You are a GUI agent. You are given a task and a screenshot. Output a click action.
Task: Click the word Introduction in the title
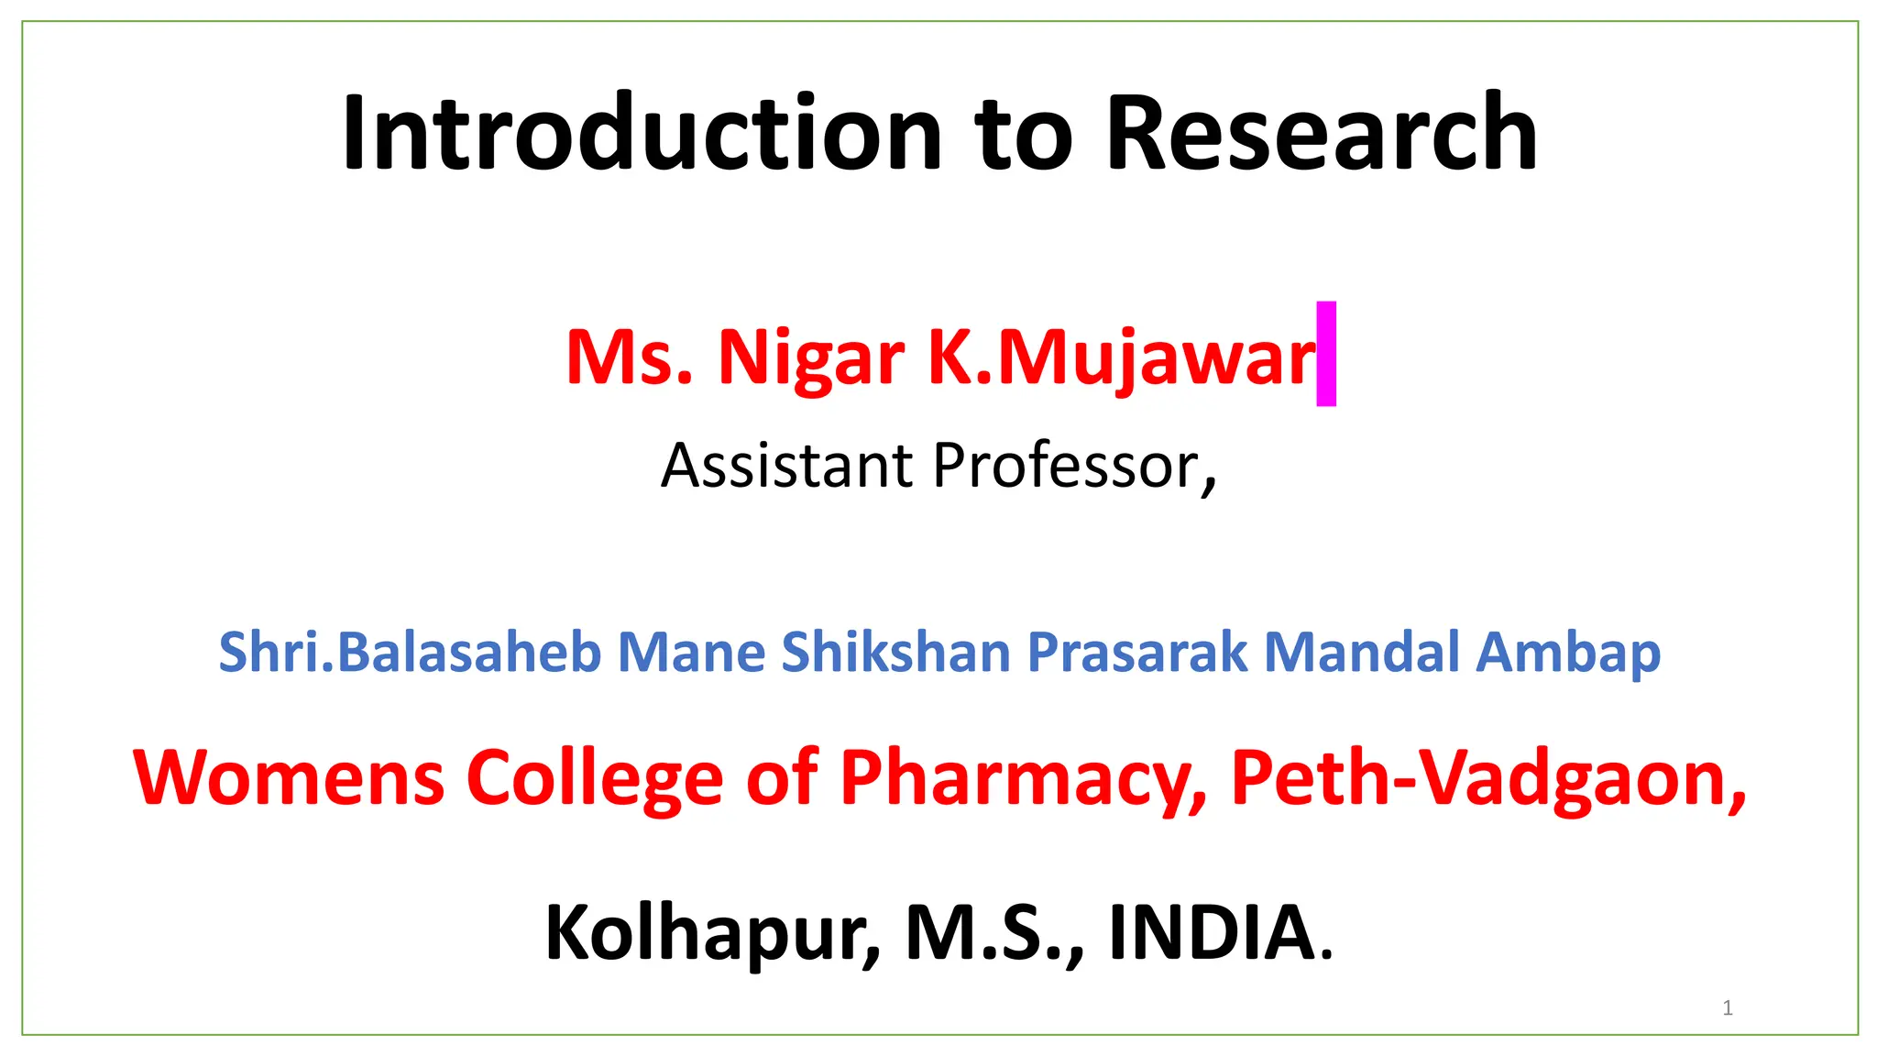642,133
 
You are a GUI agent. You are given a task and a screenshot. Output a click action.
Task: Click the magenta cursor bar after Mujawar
1326,354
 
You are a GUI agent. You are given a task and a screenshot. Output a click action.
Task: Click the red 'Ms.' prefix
629,357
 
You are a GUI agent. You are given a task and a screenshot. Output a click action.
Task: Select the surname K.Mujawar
1122,357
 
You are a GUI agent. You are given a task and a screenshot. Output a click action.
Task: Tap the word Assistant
786,466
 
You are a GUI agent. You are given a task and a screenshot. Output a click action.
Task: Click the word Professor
1072,466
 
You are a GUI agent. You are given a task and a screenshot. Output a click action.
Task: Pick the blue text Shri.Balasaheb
410,652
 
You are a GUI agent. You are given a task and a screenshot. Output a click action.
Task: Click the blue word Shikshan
895,652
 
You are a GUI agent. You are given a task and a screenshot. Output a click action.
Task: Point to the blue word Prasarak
1136,652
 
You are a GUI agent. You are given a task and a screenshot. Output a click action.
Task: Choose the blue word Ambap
1568,654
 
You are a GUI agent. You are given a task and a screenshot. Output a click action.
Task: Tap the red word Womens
289,777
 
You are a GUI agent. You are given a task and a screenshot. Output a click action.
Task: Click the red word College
596,779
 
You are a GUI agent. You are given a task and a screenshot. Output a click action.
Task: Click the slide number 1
1728,1008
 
